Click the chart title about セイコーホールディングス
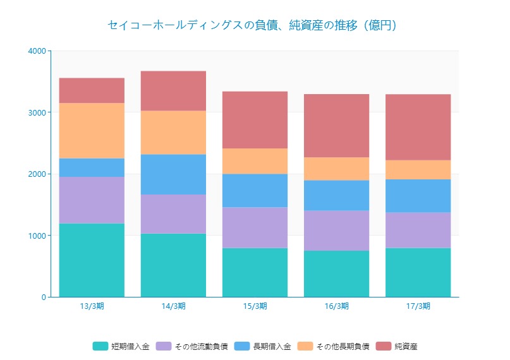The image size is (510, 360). pyautogui.click(x=252, y=25)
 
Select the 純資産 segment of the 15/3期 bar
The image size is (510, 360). pyautogui.click(x=255, y=120)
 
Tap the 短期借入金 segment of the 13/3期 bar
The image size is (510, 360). pyautogui.click(x=92, y=260)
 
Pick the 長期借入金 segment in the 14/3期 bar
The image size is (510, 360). pyautogui.click(x=173, y=174)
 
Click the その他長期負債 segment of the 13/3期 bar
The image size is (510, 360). pyautogui.click(x=92, y=131)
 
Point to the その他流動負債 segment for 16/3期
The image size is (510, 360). pyautogui.click(x=336, y=231)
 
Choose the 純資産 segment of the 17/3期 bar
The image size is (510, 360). pyautogui.click(x=418, y=127)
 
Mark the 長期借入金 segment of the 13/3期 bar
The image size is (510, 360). pyautogui.click(x=92, y=167)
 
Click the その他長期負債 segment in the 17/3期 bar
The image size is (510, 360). pyautogui.click(x=418, y=170)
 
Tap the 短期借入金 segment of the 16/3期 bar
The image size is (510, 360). pyautogui.click(x=336, y=273)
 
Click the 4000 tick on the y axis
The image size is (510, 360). pyautogui.click(x=37, y=51)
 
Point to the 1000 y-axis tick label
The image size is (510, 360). pyautogui.click(x=37, y=236)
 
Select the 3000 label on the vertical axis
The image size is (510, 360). pyautogui.click(x=37, y=112)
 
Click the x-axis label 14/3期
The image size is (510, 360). pyautogui.click(x=173, y=306)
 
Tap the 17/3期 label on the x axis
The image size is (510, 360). pyautogui.click(x=418, y=306)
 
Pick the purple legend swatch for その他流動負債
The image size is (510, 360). pyautogui.click(x=164, y=346)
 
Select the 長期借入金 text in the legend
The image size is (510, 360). pyautogui.click(x=272, y=346)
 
